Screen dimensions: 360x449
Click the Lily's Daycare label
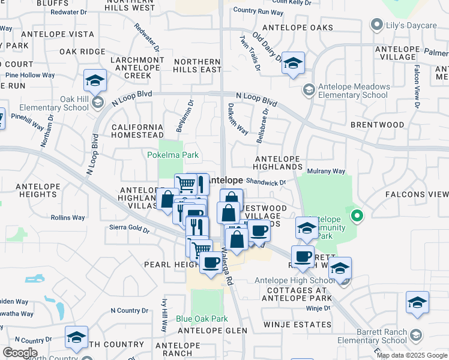pyautogui.click(x=412, y=25)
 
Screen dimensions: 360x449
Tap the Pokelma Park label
pyautogui.click(x=173, y=155)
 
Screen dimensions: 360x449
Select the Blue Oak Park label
pyautogui.click(x=202, y=319)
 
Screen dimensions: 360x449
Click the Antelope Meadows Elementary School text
pyautogui.click(x=353, y=91)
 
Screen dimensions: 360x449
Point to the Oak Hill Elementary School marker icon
pyautogui.click(x=97, y=103)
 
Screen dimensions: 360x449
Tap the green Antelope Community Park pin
pyautogui.click(x=357, y=215)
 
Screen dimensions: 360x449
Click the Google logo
pyautogui.click(x=20, y=353)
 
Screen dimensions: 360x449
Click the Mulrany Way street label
pyautogui.click(x=326, y=172)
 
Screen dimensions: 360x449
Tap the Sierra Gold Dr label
pyautogui.click(x=129, y=228)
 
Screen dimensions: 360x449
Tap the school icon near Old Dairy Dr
pyautogui.click(x=293, y=64)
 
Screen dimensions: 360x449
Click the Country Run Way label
pyautogui.click(x=258, y=11)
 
